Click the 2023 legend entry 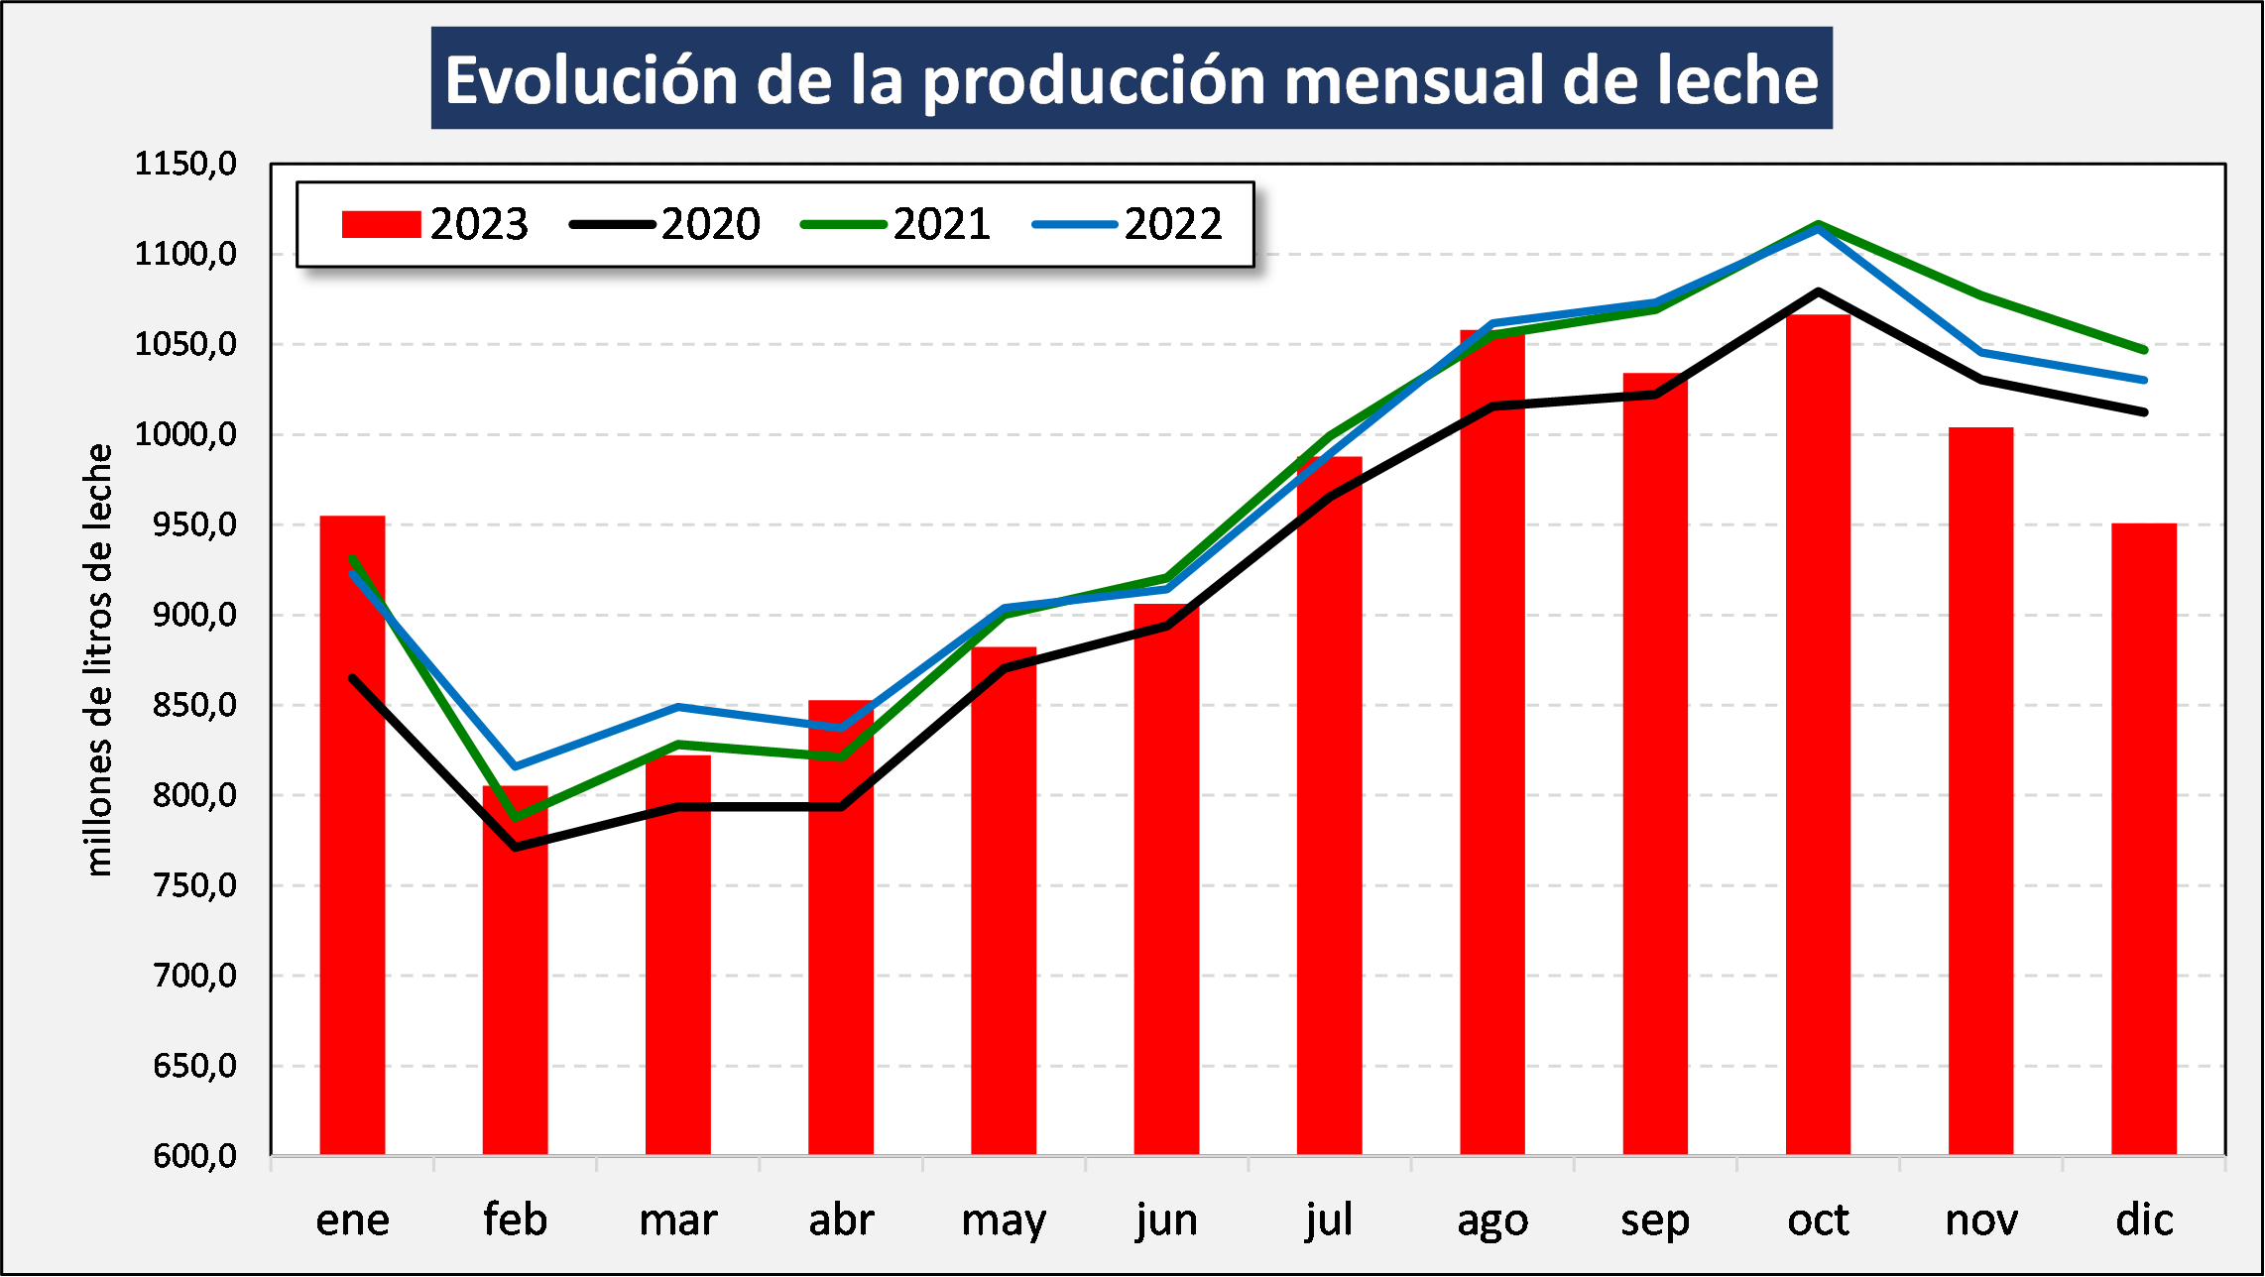coord(434,224)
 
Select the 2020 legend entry coord(664,224)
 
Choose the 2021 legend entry coord(895,224)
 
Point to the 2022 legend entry coord(1128,224)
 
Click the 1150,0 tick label coord(185,164)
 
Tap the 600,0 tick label coord(194,1156)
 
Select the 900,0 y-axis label coord(194,615)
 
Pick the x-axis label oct coord(1818,1220)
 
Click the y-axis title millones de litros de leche coord(98,659)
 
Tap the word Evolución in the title coord(591,79)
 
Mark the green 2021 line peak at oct coord(1818,223)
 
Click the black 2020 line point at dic coord(2144,411)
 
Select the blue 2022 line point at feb coord(515,766)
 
